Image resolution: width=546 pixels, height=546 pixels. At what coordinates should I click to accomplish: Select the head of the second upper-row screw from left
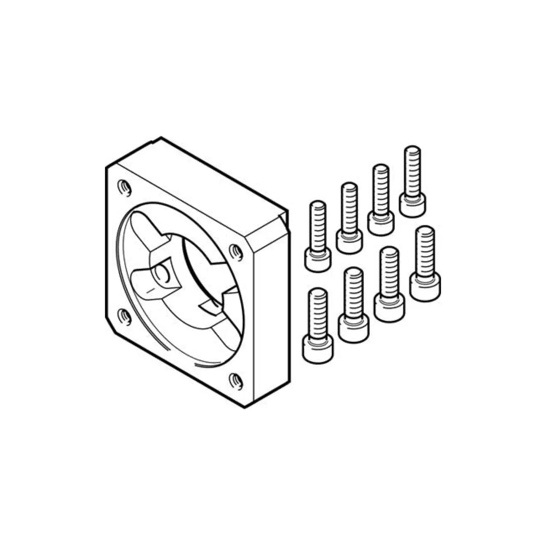click(349, 241)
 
